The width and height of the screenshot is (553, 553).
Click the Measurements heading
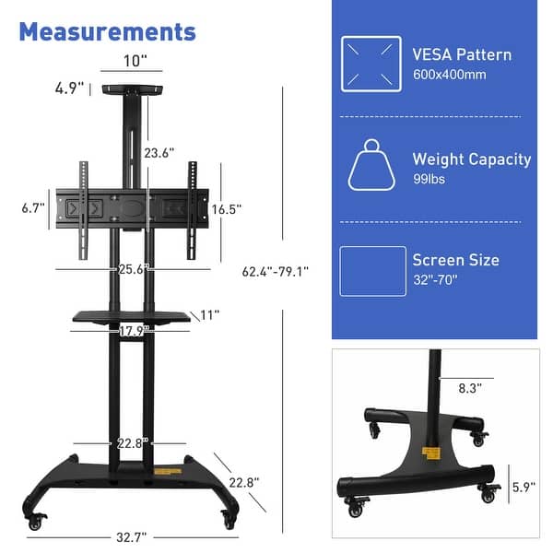click(107, 31)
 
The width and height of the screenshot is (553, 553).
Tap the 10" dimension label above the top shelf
click(135, 63)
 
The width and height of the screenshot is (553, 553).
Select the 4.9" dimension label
click(68, 88)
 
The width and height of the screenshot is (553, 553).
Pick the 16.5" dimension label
click(226, 209)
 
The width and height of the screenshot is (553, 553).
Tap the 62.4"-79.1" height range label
click(275, 272)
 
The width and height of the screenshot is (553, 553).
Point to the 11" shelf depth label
click(209, 315)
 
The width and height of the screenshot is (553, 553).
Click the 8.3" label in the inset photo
click(470, 389)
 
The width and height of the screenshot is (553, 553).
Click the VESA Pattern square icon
click(371, 64)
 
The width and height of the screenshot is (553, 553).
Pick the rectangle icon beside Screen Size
click(372, 271)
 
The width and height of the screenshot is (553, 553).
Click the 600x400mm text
click(449, 75)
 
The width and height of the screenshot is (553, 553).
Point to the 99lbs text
click(429, 179)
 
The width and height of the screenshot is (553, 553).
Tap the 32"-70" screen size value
click(436, 279)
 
